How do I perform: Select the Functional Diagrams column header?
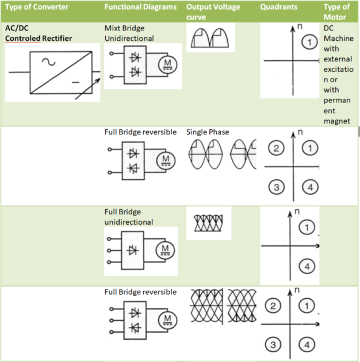(x=140, y=7)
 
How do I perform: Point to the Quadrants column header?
(x=279, y=7)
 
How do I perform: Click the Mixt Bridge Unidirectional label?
(x=129, y=33)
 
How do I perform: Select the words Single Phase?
(x=208, y=132)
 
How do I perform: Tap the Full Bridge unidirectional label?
(x=129, y=217)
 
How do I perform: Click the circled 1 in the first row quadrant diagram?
(x=309, y=42)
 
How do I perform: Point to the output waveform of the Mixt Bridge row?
(x=209, y=38)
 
